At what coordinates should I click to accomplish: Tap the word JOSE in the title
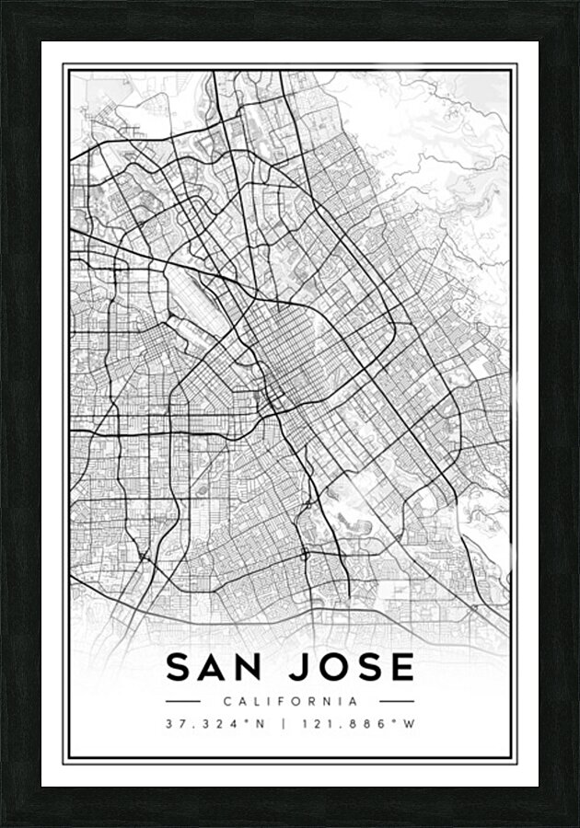click(x=354, y=668)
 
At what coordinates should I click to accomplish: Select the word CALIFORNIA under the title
click(x=290, y=701)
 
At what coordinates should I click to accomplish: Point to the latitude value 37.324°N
click(x=215, y=723)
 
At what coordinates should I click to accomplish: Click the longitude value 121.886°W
click(x=357, y=723)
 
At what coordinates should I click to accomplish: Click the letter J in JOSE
click(x=305, y=668)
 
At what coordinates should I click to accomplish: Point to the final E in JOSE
click(x=401, y=668)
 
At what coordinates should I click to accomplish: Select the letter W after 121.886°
click(x=410, y=723)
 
